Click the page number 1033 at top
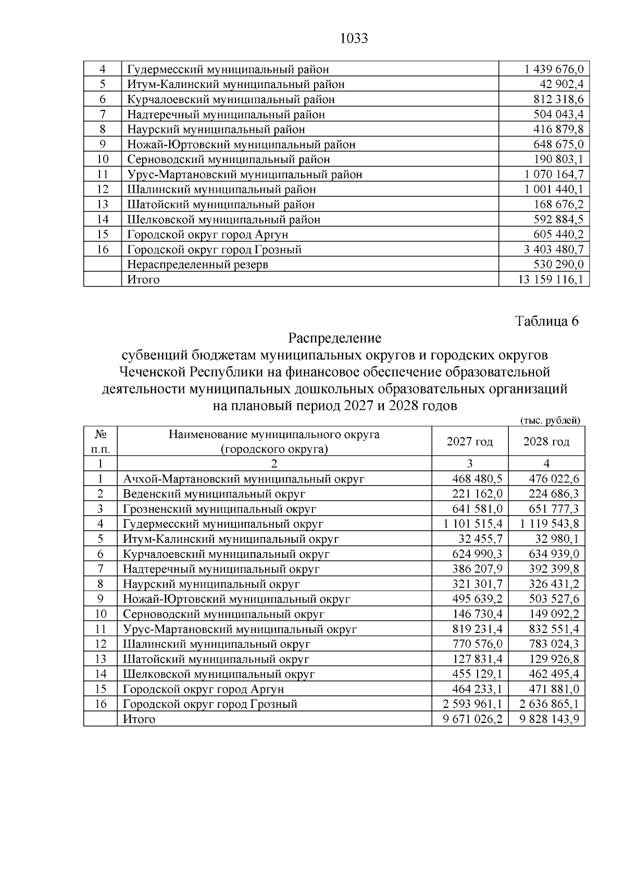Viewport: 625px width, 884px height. (354, 39)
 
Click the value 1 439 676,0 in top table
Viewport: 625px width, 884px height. (554, 69)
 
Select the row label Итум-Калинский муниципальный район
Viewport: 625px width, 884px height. (235, 84)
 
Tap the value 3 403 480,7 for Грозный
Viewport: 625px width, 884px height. (554, 250)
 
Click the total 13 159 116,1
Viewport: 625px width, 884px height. (551, 280)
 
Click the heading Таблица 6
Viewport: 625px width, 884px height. (547, 321)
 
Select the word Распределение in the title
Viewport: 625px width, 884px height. (335, 338)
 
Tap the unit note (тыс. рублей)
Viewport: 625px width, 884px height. (550, 420)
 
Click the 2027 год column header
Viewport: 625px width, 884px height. (469, 442)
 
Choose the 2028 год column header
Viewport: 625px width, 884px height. (546, 442)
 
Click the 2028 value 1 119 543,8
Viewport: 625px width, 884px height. (549, 524)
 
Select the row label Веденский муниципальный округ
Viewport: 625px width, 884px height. (214, 494)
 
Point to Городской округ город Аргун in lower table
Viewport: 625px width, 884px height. (203, 689)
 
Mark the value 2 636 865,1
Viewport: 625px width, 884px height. (549, 704)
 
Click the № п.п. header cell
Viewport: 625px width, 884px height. (101, 442)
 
